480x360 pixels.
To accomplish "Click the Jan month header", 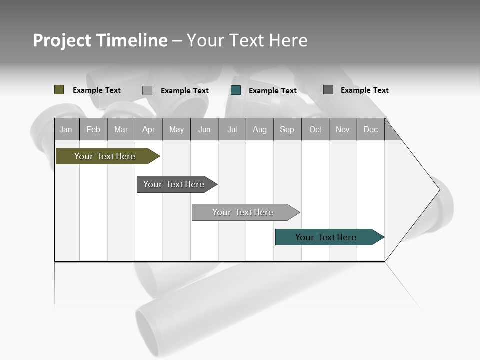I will click(66, 129).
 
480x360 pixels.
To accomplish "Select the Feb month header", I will click(93, 129).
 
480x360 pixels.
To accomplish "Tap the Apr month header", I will click(148, 129).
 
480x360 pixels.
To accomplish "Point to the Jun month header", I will click(204, 129).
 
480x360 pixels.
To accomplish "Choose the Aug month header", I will click(259, 129).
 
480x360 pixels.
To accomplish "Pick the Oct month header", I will click(315, 129).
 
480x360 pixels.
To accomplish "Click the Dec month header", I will click(370, 129).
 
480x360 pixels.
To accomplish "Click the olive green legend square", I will click(59, 90).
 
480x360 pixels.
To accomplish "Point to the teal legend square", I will click(236, 90).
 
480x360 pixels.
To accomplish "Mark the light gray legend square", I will click(147, 90).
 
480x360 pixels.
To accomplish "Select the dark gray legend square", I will click(328, 90).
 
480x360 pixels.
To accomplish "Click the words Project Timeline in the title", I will click(100, 40).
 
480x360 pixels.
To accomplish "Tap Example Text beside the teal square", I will click(273, 91).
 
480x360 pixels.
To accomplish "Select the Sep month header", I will click(287, 129).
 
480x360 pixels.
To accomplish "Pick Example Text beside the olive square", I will click(97, 90).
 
